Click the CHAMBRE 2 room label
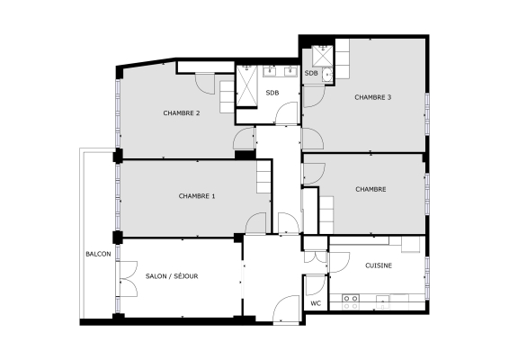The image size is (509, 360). (181, 113)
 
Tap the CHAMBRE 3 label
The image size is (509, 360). (372, 97)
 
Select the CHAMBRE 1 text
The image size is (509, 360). (196, 196)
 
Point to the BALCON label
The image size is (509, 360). (98, 255)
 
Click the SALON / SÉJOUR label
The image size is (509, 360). (171, 276)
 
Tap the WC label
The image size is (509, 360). (316, 304)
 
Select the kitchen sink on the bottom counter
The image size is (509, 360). (381, 299)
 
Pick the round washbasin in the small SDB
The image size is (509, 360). (328, 74)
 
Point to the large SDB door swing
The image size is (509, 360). (287, 114)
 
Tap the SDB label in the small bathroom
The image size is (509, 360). (311, 73)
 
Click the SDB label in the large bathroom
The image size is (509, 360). (272, 94)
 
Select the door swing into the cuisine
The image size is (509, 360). (339, 262)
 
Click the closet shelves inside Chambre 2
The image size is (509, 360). (227, 94)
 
